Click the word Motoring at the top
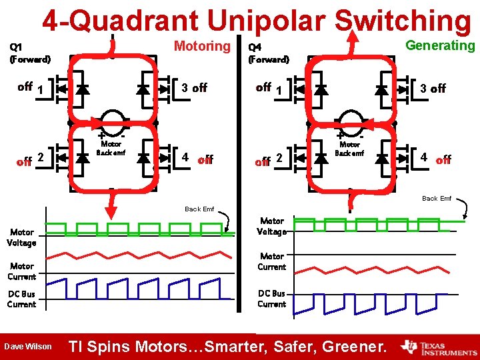click(201, 46)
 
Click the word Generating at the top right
click(440, 45)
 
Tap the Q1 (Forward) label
click(29, 53)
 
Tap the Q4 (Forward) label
click(268, 53)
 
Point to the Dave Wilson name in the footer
click(28, 346)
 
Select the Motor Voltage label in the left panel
click(21, 238)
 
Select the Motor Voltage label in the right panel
click(271, 226)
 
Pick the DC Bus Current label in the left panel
click(21, 299)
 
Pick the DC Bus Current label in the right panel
click(271, 299)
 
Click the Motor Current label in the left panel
click(21, 271)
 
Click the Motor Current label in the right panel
click(271, 261)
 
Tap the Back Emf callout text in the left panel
click(199, 209)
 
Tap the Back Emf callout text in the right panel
click(437, 198)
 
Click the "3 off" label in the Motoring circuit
click(194, 87)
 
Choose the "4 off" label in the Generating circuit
click(435, 159)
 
